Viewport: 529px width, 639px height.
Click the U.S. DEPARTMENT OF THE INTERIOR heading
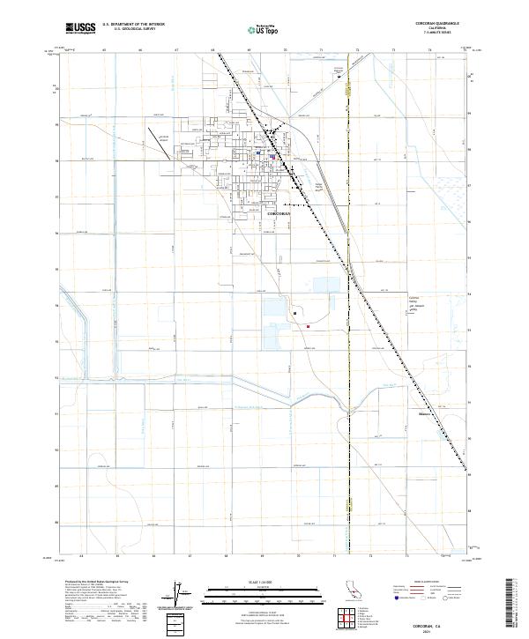pyautogui.click(x=133, y=25)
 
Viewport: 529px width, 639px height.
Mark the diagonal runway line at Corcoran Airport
pyautogui.click(x=160, y=144)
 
